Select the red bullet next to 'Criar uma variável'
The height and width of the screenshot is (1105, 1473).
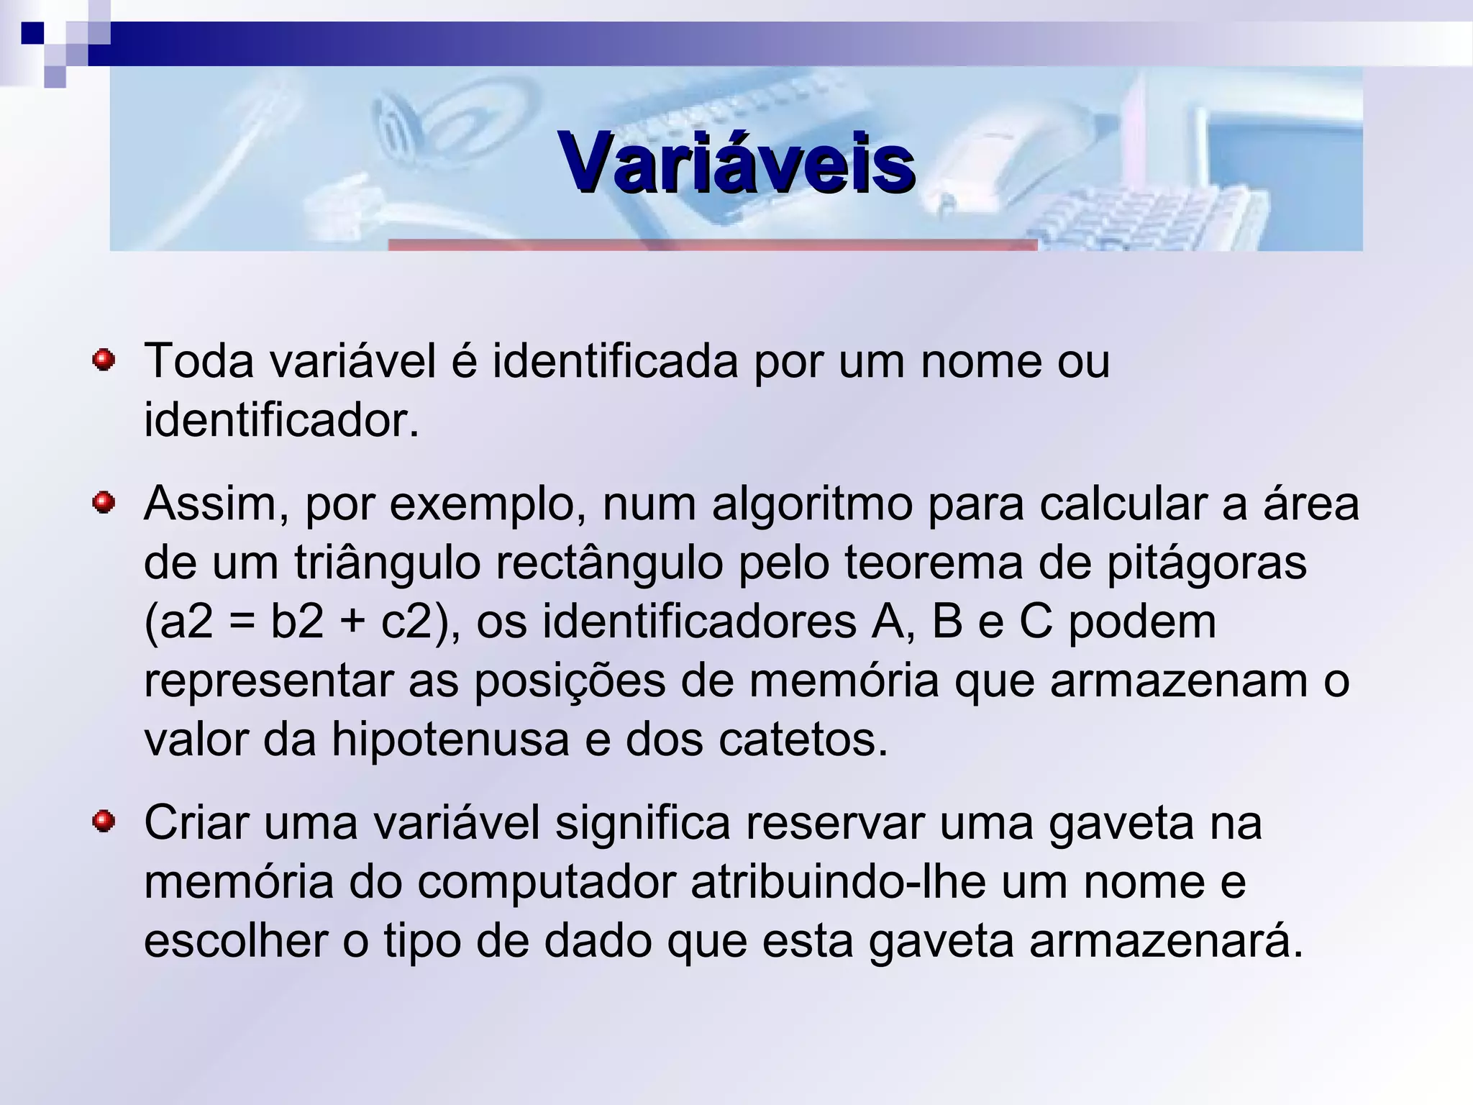tap(104, 821)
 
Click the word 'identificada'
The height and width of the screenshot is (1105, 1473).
tap(616, 360)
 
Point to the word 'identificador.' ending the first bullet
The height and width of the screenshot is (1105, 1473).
tap(281, 420)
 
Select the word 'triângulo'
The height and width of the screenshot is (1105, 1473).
tap(387, 563)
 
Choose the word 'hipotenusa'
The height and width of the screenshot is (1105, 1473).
tap(450, 739)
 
